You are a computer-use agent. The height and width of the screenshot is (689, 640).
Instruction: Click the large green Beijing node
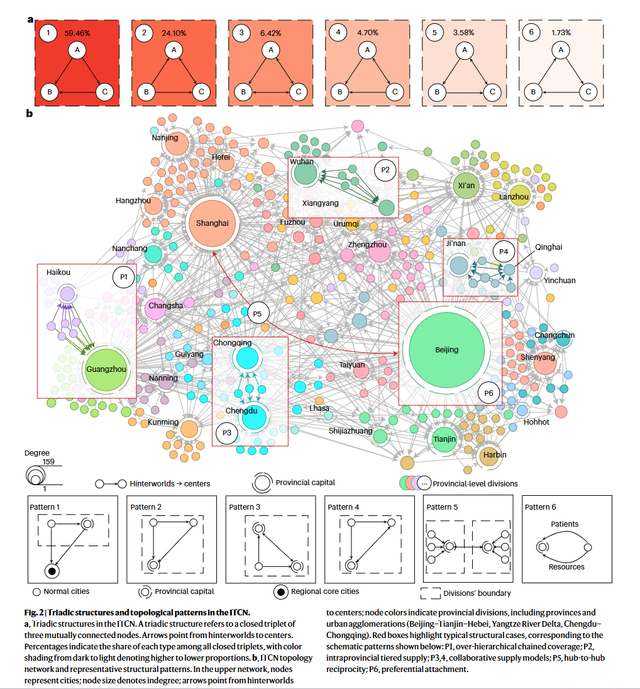[x=446, y=350]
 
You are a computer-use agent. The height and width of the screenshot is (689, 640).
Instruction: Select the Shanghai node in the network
[x=212, y=223]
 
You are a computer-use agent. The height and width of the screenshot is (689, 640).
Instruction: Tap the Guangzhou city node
[x=106, y=369]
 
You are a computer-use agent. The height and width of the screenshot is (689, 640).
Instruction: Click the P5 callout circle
[x=257, y=314]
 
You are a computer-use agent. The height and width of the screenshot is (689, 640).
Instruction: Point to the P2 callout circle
[x=385, y=170]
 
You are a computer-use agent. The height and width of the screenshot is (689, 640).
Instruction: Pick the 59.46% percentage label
[x=77, y=33]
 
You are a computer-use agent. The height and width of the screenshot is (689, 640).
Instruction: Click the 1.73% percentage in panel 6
[x=561, y=33]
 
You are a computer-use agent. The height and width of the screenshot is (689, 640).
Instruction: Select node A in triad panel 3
[x=271, y=50]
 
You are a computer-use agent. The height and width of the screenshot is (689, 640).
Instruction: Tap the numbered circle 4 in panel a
[x=338, y=32]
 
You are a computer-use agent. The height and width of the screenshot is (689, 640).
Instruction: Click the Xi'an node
[x=466, y=186]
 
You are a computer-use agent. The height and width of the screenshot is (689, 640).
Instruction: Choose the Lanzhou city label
[x=514, y=197]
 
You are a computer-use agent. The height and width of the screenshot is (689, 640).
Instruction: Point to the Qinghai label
[x=548, y=247]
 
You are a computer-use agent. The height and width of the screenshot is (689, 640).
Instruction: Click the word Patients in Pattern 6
[x=565, y=524]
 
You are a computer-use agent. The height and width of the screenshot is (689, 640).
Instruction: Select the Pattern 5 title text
[x=442, y=507]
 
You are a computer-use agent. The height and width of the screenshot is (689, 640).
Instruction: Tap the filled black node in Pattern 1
[x=52, y=571]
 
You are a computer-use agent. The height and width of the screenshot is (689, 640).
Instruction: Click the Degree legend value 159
[x=48, y=461]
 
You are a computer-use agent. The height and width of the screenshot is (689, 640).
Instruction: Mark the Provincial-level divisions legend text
[x=475, y=483]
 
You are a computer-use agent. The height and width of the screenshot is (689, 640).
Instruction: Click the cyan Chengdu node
[x=254, y=417]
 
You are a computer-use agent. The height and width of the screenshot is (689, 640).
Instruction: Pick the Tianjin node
[x=444, y=439]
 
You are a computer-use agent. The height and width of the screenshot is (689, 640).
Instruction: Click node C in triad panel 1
[x=104, y=92]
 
